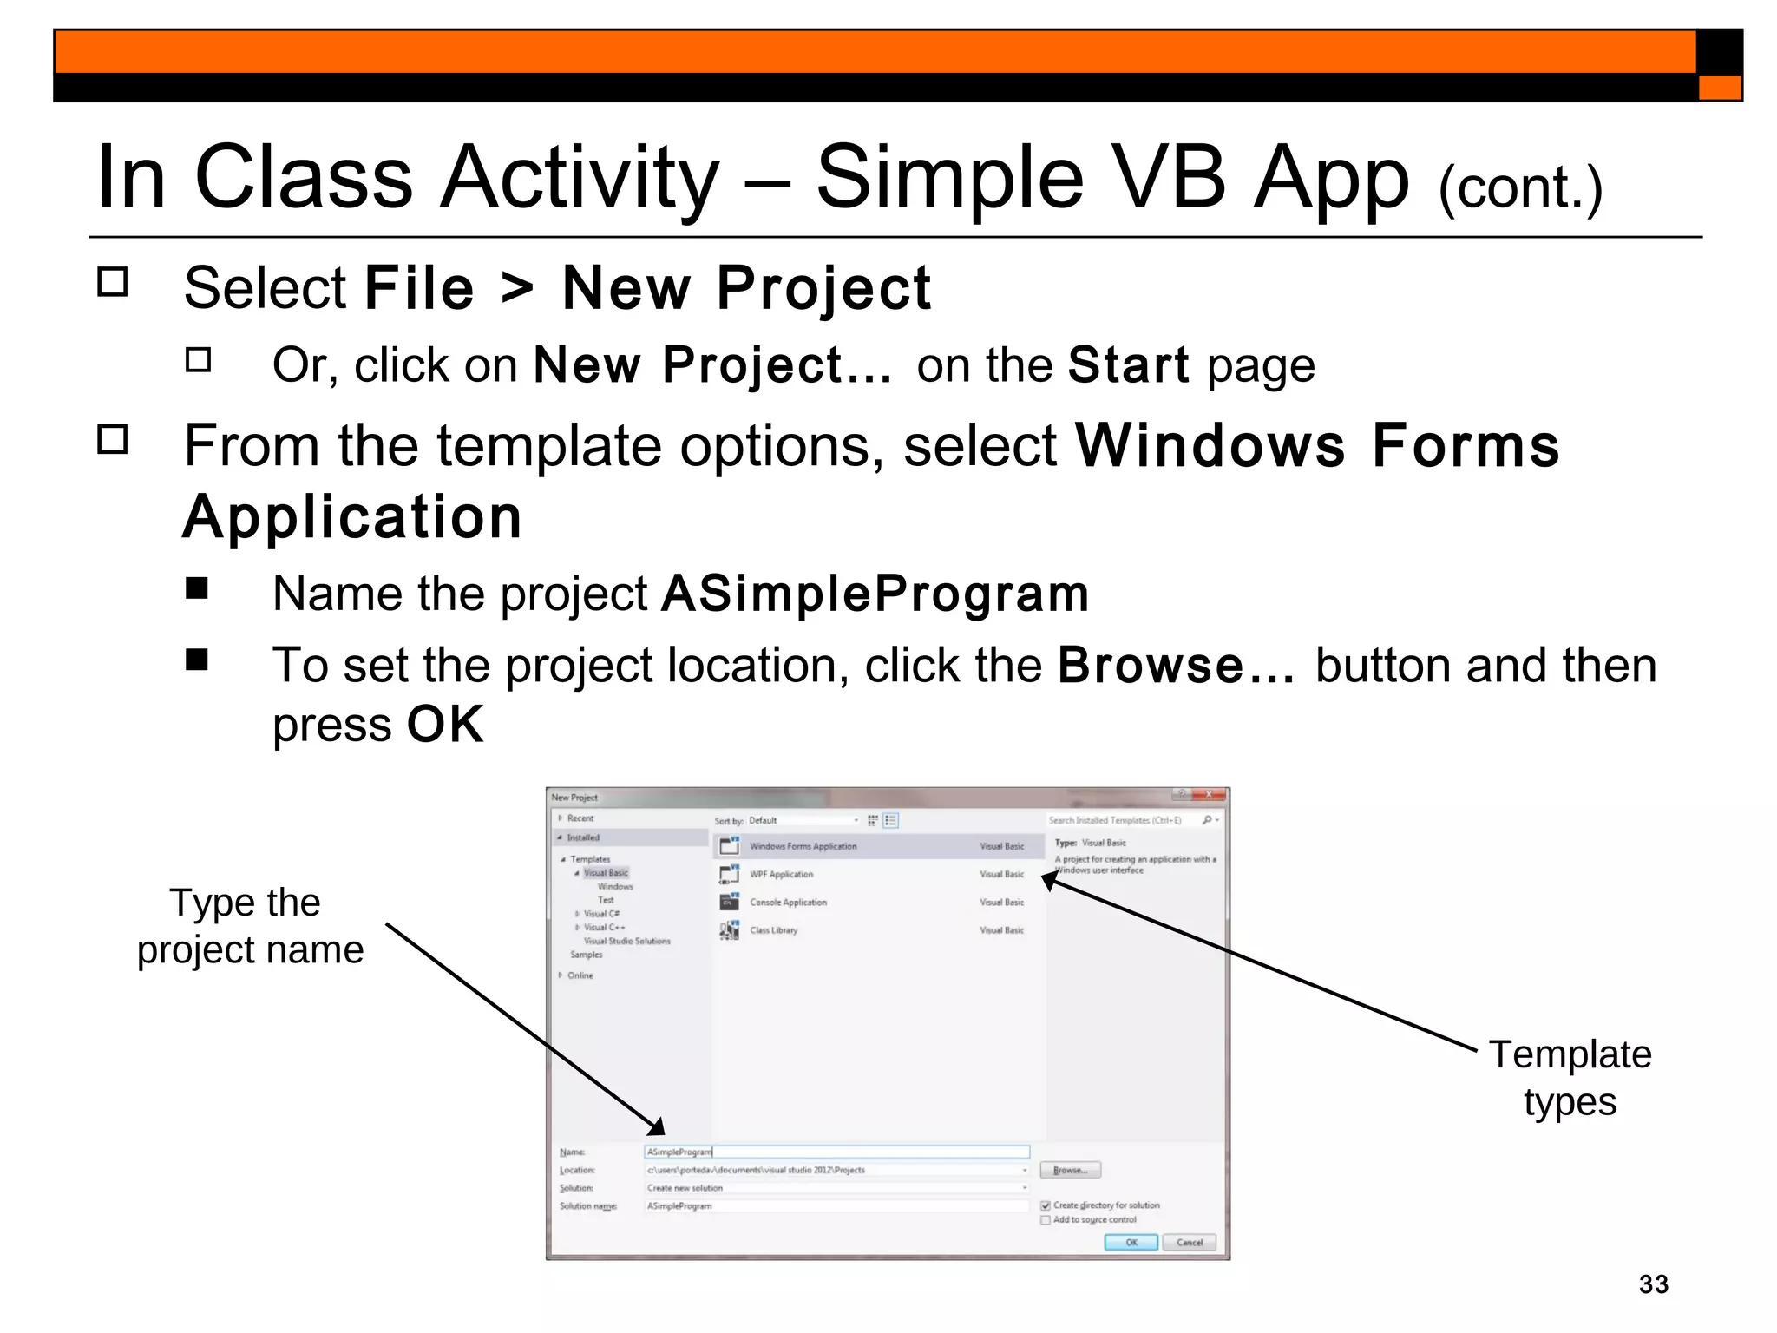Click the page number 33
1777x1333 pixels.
[1653, 1284]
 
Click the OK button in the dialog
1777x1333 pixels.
[1131, 1242]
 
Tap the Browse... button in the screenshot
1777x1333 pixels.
[1070, 1170]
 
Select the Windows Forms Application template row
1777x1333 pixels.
[803, 846]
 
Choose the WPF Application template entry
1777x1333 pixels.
[781, 874]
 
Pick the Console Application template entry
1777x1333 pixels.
[788, 903]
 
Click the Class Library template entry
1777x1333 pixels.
[773, 930]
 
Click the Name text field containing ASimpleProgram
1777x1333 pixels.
[836, 1152]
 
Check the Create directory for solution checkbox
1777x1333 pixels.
[1046, 1205]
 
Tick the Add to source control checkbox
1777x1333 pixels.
[1046, 1220]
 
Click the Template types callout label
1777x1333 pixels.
[1570, 1078]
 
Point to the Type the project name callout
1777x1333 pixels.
[249, 926]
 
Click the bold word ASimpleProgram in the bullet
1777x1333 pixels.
[875, 594]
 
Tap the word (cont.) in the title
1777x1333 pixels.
[1519, 187]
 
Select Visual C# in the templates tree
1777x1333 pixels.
[601, 914]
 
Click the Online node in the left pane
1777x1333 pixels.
[580, 975]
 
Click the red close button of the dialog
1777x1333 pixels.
[1209, 795]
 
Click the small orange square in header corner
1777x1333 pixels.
[1719, 88]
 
